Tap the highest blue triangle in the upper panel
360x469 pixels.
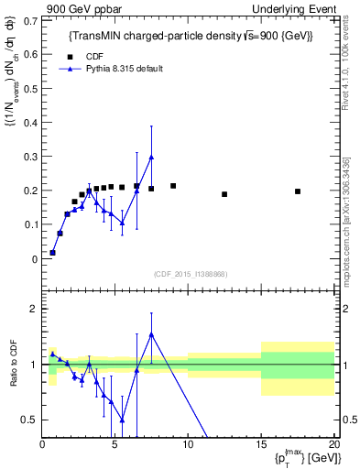pyautogui.click(x=151, y=158)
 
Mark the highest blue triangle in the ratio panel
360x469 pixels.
pyautogui.click(x=151, y=334)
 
